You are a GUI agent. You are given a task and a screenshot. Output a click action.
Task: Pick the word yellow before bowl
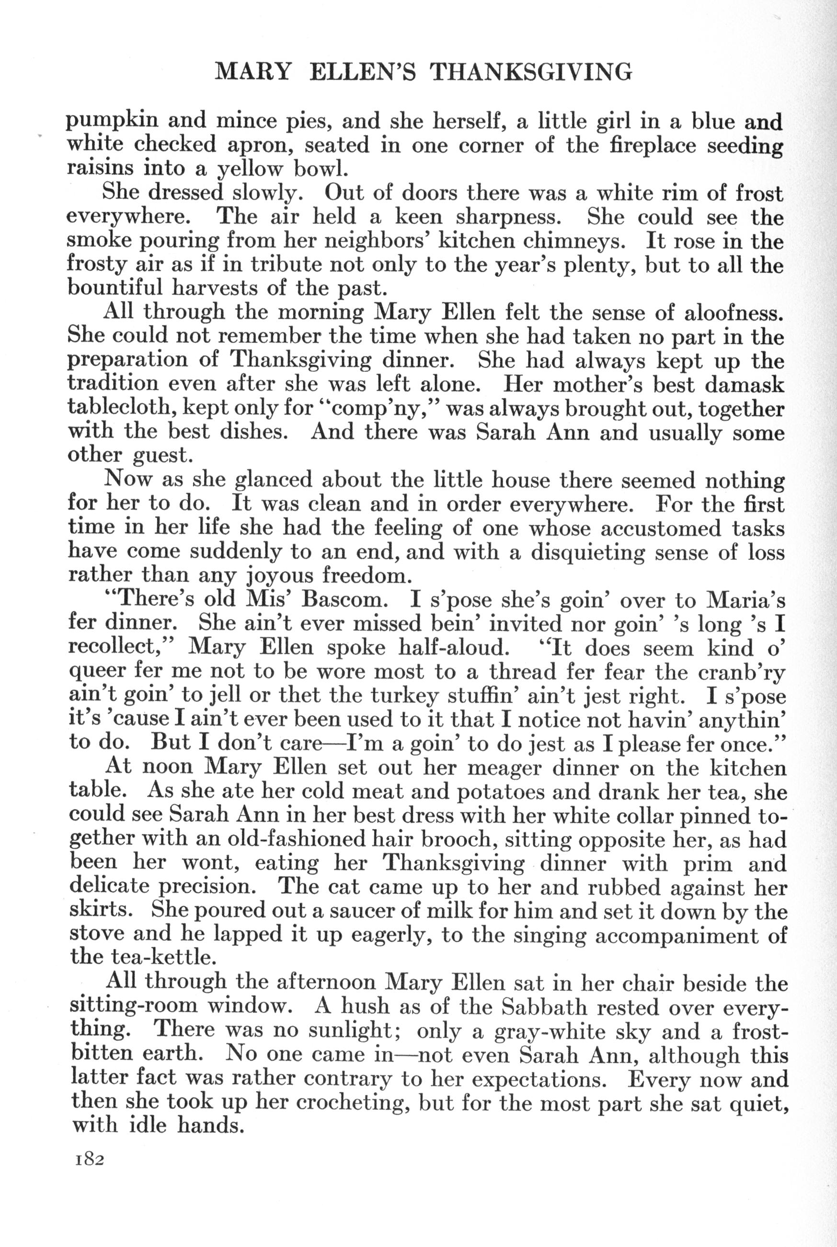coord(252,170)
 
